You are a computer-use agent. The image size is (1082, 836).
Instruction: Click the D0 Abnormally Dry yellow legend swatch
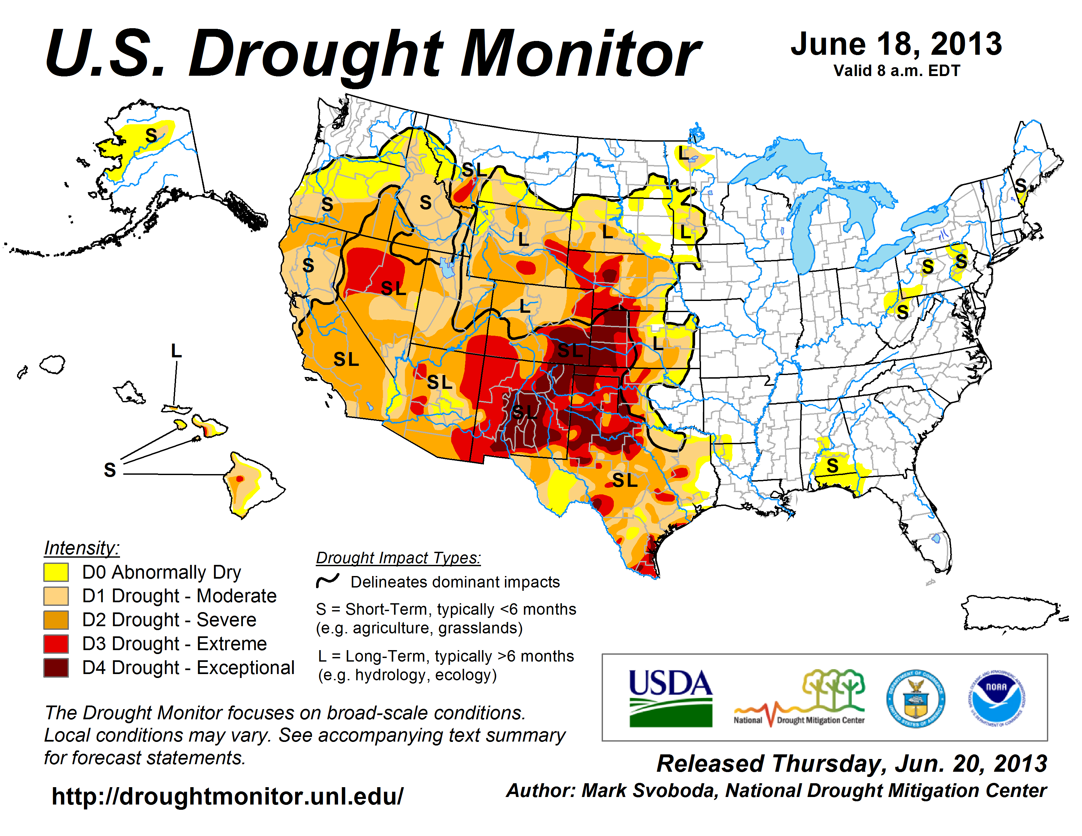pyautogui.click(x=56, y=572)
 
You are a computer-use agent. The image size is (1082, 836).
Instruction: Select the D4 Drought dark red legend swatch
pyautogui.click(x=56, y=667)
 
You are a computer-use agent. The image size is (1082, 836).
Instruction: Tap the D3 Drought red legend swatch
pyautogui.click(x=56, y=644)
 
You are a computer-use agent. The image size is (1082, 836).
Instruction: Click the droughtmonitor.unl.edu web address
pyautogui.click(x=228, y=796)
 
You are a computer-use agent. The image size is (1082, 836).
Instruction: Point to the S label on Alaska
pyautogui.click(x=151, y=135)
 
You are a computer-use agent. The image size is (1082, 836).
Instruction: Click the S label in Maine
pyautogui.click(x=1021, y=186)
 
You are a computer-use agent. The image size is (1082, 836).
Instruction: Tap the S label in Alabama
pyautogui.click(x=832, y=466)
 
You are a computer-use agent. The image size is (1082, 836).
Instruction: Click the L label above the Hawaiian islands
pyautogui.click(x=176, y=351)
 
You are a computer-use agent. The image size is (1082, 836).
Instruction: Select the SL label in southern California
pyautogui.click(x=346, y=359)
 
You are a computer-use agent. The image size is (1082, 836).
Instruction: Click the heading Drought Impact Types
pyautogui.click(x=398, y=558)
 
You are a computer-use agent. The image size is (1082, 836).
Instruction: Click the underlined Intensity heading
pyautogui.click(x=82, y=548)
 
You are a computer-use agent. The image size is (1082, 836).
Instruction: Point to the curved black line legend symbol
pyautogui.click(x=328, y=580)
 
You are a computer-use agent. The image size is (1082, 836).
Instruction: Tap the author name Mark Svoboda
pyautogui.click(x=649, y=790)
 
